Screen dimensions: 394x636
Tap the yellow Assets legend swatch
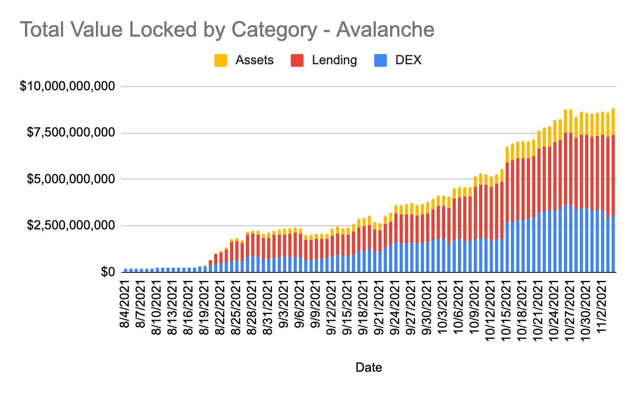[x=220, y=60]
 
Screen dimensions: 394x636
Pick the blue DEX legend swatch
[x=381, y=60]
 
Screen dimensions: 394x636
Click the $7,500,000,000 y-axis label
[x=67, y=133]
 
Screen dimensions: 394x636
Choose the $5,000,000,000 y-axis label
[x=67, y=179]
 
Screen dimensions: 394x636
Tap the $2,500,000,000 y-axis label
[x=67, y=226]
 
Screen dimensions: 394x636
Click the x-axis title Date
[x=369, y=367]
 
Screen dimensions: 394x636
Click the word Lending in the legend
[x=334, y=60]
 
